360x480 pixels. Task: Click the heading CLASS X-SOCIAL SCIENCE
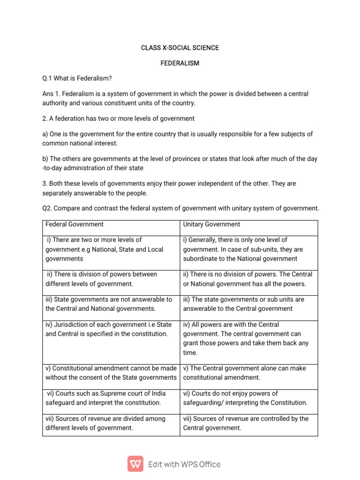pos(180,48)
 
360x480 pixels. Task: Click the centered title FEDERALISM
pos(180,63)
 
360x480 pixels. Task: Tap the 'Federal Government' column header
pos(75,225)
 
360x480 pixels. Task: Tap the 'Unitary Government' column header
pos(211,225)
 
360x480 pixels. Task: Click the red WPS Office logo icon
pos(135,464)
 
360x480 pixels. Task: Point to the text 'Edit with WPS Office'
pos(184,464)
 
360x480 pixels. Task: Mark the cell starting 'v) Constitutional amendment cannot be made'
pos(111,373)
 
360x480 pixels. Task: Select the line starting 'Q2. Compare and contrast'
pos(180,208)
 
